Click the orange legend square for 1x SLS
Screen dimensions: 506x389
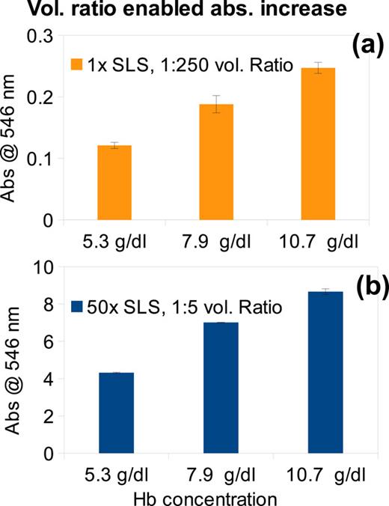point(76,62)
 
